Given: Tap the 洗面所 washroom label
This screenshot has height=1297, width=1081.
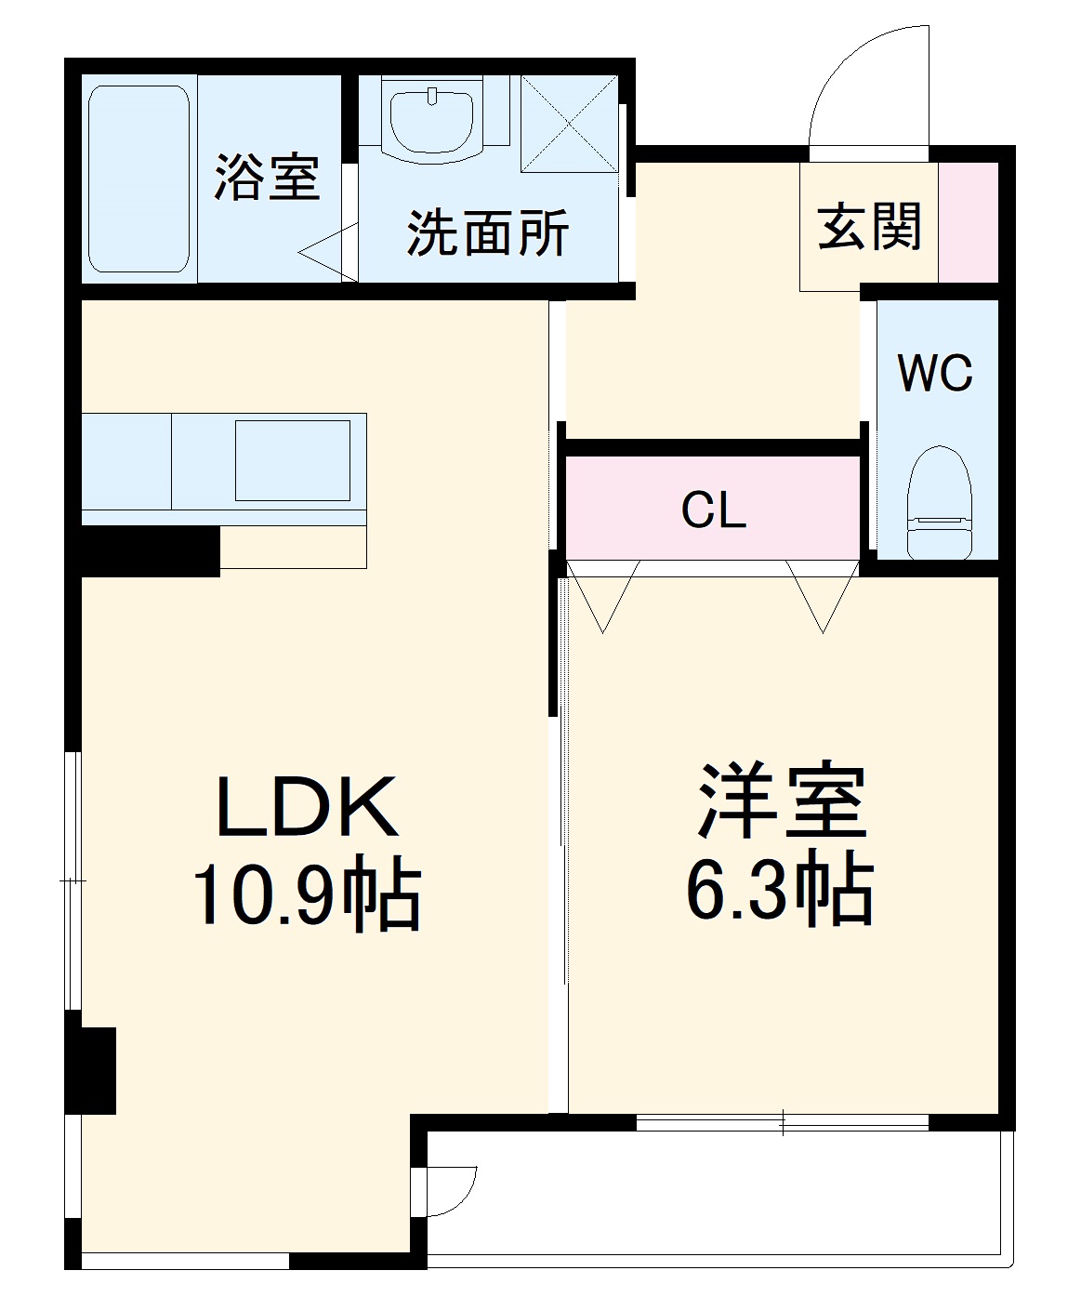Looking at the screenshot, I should pos(488,232).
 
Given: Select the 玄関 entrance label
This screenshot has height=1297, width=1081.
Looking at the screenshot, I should pos(870,226).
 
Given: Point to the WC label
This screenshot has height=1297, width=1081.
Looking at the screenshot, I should pos(935,373).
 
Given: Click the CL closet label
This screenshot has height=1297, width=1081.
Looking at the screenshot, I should pos(713,510).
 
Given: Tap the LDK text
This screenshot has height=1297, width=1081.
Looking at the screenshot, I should pos(308,806).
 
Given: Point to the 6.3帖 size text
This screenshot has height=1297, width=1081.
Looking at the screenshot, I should pos(780,891).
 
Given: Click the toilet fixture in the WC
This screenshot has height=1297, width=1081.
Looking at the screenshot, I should pos(939,503).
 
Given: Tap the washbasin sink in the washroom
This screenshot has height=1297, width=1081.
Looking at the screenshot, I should pos(432,120).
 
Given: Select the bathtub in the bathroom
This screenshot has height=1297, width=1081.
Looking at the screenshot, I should pos(139,179).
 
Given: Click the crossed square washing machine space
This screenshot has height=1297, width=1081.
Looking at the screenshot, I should pos(569,124).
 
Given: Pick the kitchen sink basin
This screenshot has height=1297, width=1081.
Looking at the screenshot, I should pos(293,460).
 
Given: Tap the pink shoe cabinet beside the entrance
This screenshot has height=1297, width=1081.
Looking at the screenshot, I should pos(968,222).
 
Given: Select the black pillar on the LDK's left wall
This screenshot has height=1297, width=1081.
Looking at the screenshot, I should pos(91,1069).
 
